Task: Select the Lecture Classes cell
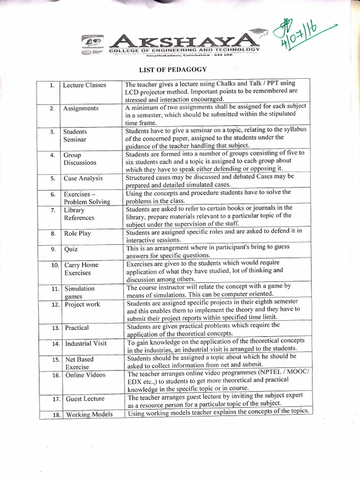pyautogui.click(x=84, y=85)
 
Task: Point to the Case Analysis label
pyautogui.click(x=83, y=179)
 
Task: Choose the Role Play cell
pyautogui.click(x=78, y=233)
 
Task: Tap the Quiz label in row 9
pyautogui.click(x=71, y=249)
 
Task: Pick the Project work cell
pyautogui.click(x=82, y=304)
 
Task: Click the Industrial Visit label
pyautogui.click(x=86, y=344)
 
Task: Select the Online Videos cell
pyautogui.click(x=85, y=375)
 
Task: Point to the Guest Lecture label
pyautogui.click(x=85, y=399)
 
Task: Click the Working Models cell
pyautogui.click(x=88, y=414)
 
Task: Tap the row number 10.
pyautogui.click(x=54, y=265)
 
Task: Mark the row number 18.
pyautogui.click(x=54, y=415)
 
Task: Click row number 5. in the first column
pyautogui.click(x=53, y=179)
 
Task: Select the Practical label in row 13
pyautogui.click(x=76, y=328)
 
